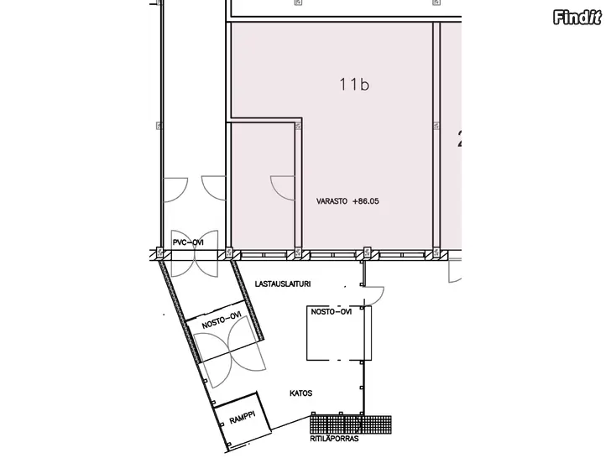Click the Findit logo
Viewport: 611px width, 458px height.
(577, 17)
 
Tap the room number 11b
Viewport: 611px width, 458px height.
(354, 84)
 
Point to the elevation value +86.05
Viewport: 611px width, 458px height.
(366, 201)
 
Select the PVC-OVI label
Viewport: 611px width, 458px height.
(188, 242)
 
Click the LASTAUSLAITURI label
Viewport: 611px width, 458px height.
(283, 284)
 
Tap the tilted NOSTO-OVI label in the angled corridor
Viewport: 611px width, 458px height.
(222, 320)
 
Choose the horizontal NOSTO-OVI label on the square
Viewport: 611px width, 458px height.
(332, 311)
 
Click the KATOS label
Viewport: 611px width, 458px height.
(300, 393)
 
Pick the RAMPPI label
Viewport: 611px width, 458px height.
(242, 418)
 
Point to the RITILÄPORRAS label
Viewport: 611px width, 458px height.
(334, 439)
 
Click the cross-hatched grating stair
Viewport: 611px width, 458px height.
(351, 424)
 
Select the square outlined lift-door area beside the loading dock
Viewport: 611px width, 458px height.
(338, 333)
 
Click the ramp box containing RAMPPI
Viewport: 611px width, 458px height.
(242, 420)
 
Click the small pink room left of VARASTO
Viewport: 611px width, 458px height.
(263, 185)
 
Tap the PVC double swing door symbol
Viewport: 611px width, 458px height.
(195, 253)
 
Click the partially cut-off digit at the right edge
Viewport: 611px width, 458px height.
(460, 139)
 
